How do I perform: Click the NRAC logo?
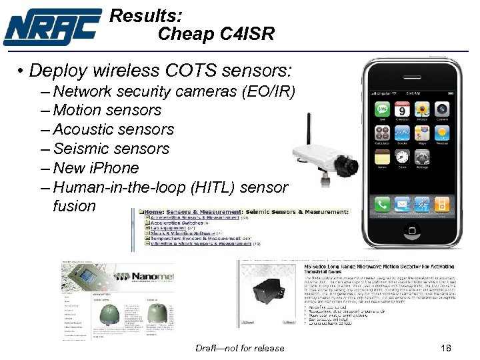click(52, 27)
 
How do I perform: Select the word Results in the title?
click(145, 15)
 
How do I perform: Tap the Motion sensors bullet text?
click(107, 110)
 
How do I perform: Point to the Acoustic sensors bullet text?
click(113, 129)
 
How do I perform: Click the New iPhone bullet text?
click(96, 168)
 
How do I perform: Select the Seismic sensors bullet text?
click(111, 149)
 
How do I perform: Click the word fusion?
click(75, 206)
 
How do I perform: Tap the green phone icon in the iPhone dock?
click(382, 204)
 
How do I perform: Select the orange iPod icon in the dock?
click(443, 204)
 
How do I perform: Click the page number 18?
click(447, 348)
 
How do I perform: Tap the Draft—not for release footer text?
click(239, 348)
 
